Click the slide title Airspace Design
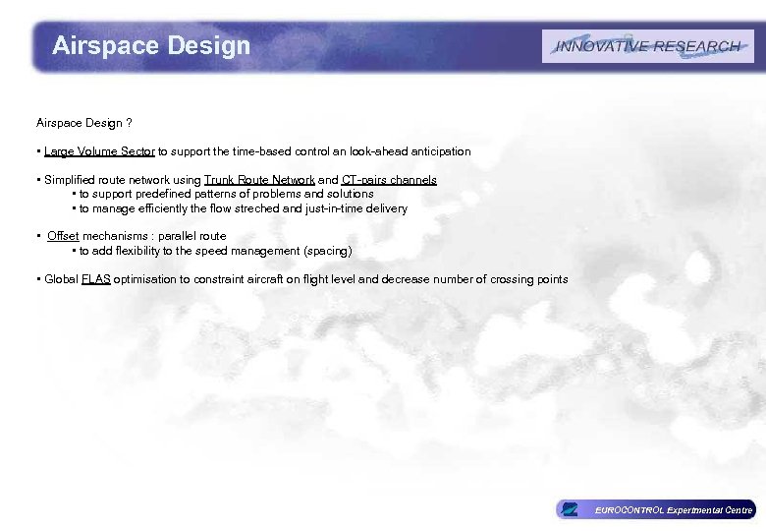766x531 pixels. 151,45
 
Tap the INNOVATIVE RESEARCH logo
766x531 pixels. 647,46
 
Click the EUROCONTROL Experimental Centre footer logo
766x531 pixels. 655,509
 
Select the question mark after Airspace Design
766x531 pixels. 130,123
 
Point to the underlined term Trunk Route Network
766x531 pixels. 259,181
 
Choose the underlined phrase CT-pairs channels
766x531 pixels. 389,181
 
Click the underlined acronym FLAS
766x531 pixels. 96,279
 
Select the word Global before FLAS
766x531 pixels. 61,279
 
